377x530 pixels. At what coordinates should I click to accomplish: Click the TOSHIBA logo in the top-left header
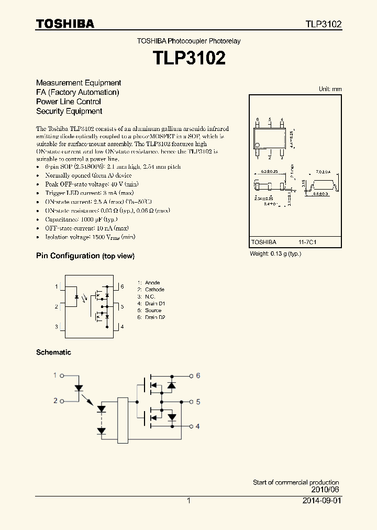(x=65, y=24)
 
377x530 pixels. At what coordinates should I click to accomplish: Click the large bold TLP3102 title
(x=188, y=58)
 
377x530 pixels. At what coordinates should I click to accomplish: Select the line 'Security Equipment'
(x=69, y=111)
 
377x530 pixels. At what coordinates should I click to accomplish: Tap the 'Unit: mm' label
(x=330, y=89)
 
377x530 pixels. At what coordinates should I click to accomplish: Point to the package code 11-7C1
(x=308, y=242)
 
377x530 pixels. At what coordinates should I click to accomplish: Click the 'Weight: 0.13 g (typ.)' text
(x=275, y=253)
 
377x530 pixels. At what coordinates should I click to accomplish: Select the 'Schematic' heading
(x=53, y=352)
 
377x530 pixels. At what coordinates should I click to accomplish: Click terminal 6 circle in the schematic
(x=191, y=376)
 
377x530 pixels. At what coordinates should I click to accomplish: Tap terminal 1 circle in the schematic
(x=62, y=376)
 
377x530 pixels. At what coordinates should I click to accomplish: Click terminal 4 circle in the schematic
(x=191, y=426)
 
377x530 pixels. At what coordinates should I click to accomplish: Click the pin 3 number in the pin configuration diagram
(x=57, y=327)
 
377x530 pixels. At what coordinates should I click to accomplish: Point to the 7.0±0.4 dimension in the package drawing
(x=323, y=172)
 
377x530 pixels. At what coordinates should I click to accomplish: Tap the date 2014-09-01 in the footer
(x=322, y=501)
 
